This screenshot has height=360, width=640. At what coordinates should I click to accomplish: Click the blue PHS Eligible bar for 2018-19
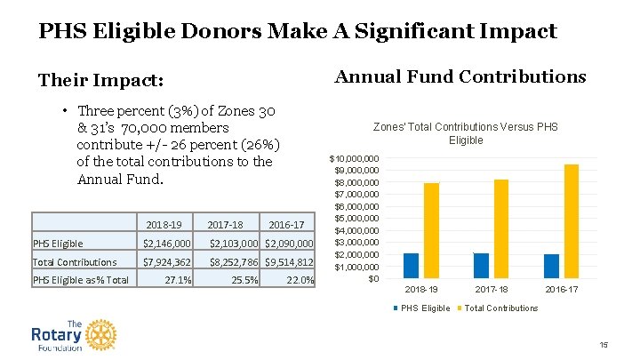click(x=411, y=266)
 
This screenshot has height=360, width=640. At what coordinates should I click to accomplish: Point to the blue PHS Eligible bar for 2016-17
click(x=551, y=267)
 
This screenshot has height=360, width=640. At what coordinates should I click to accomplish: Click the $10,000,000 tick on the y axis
click(x=355, y=158)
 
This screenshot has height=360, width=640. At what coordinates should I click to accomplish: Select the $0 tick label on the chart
click(x=373, y=279)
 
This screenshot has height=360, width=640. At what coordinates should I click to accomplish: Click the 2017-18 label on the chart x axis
click(x=491, y=290)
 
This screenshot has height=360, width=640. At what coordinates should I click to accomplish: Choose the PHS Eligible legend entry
click(x=423, y=308)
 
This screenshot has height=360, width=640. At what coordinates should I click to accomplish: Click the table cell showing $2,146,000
click(x=167, y=244)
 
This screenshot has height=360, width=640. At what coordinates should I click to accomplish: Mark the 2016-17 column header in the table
click(x=286, y=225)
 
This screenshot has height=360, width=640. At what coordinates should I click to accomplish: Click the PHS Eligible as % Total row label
click(x=81, y=281)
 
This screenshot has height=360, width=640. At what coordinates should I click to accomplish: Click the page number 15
click(x=603, y=346)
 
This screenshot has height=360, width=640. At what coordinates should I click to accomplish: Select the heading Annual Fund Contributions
click(x=460, y=76)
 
